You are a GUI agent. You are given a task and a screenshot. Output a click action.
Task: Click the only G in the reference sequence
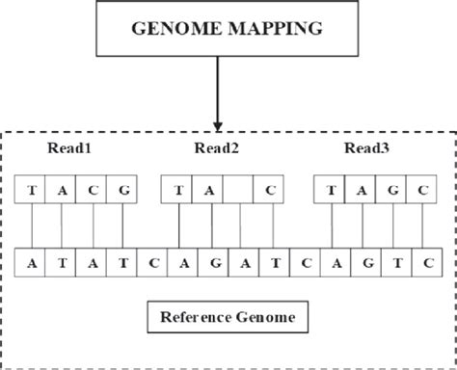click(211, 261)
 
